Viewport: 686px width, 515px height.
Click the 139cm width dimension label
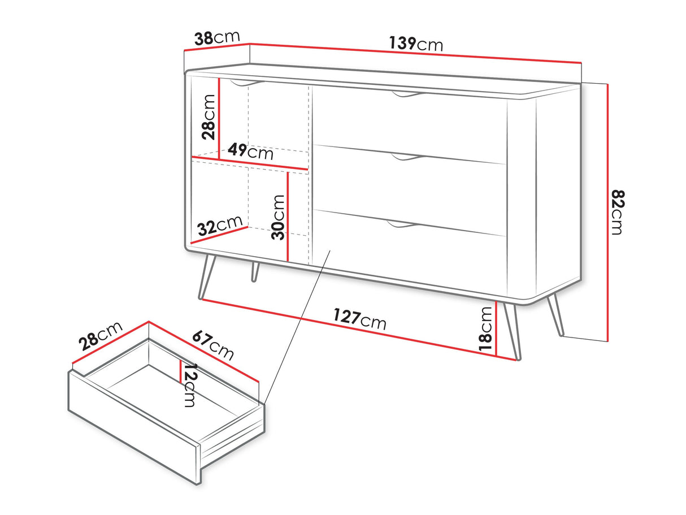coord(416,44)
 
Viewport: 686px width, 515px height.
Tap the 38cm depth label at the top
coord(217,38)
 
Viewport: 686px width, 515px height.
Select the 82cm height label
coord(618,213)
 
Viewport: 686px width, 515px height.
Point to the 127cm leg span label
coord(360,319)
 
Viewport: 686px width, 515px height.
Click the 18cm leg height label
coord(485,329)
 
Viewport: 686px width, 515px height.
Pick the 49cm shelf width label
coord(250,152)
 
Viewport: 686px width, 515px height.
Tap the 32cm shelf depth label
coord(220,226)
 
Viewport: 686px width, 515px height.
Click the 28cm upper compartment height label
coord(209,117)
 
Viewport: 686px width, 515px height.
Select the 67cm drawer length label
coord(213,346)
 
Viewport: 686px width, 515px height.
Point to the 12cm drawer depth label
coord(190,385)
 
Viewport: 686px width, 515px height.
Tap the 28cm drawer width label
coord(101,336)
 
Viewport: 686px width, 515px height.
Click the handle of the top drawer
coord(409,94)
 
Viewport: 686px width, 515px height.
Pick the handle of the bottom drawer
coord(402,224)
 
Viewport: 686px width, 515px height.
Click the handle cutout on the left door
coord(247,83)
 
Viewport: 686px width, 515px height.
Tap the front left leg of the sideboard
coord(207,277)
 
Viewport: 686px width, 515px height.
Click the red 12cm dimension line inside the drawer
coord(181,371)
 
